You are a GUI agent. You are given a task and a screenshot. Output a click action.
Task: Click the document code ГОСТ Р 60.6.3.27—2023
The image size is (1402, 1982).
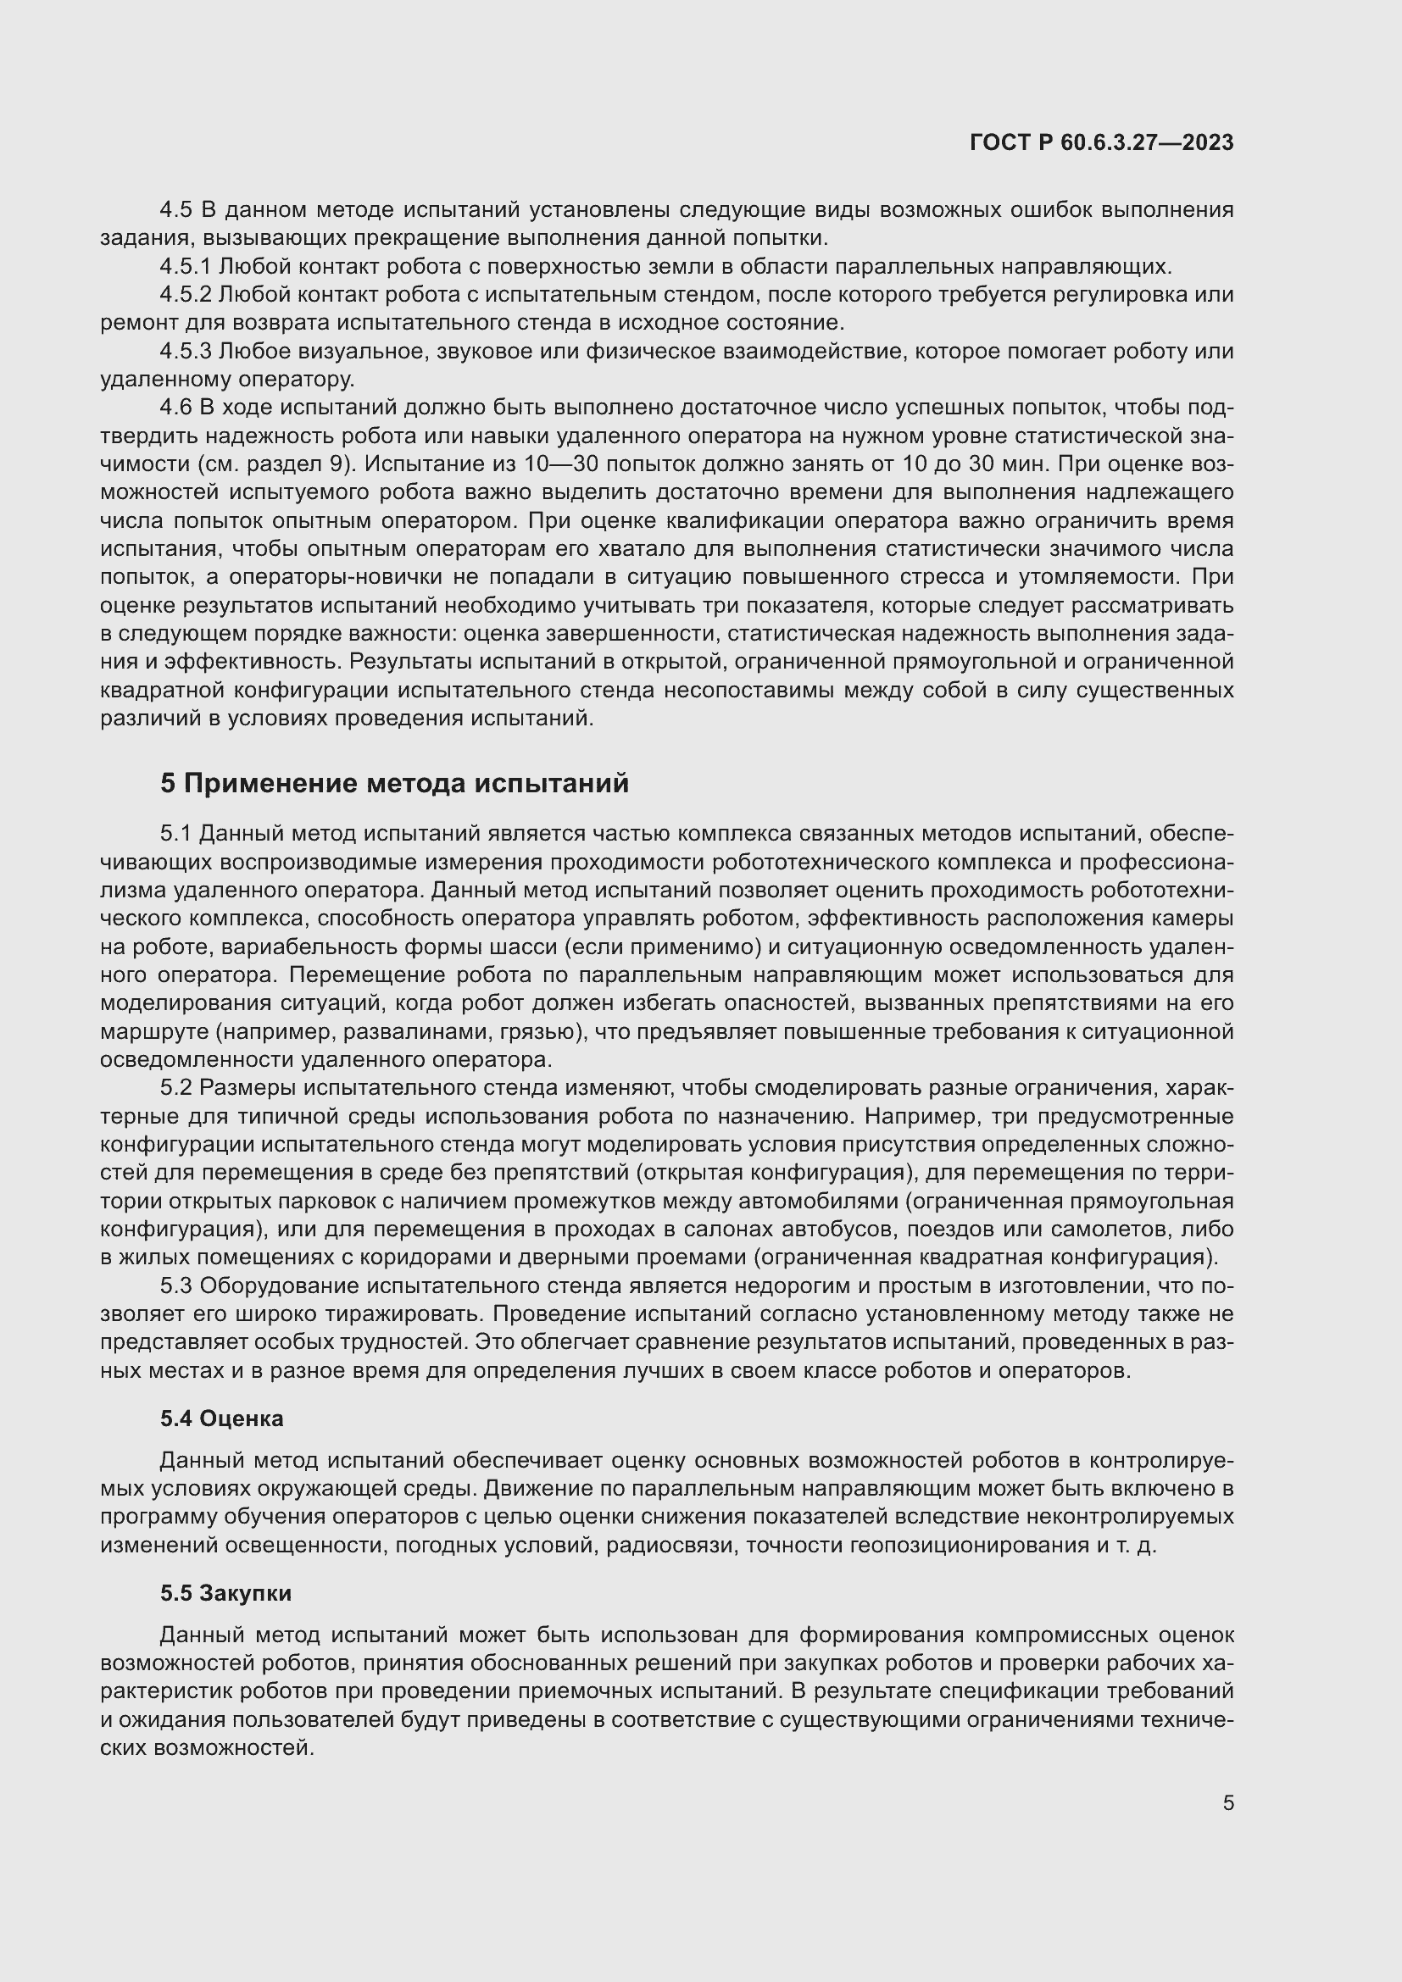click(x=1102, y=142)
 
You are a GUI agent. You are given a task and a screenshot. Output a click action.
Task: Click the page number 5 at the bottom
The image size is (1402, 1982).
click(x=1227, y=1802)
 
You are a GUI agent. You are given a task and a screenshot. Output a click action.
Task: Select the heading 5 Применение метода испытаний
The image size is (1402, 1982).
click(x=394, y=783)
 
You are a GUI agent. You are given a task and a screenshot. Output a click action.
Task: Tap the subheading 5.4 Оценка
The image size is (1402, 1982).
click(x=222, y=1418)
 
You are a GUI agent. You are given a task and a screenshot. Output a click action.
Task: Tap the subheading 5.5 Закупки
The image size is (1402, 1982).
click(x=225, y=1593)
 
